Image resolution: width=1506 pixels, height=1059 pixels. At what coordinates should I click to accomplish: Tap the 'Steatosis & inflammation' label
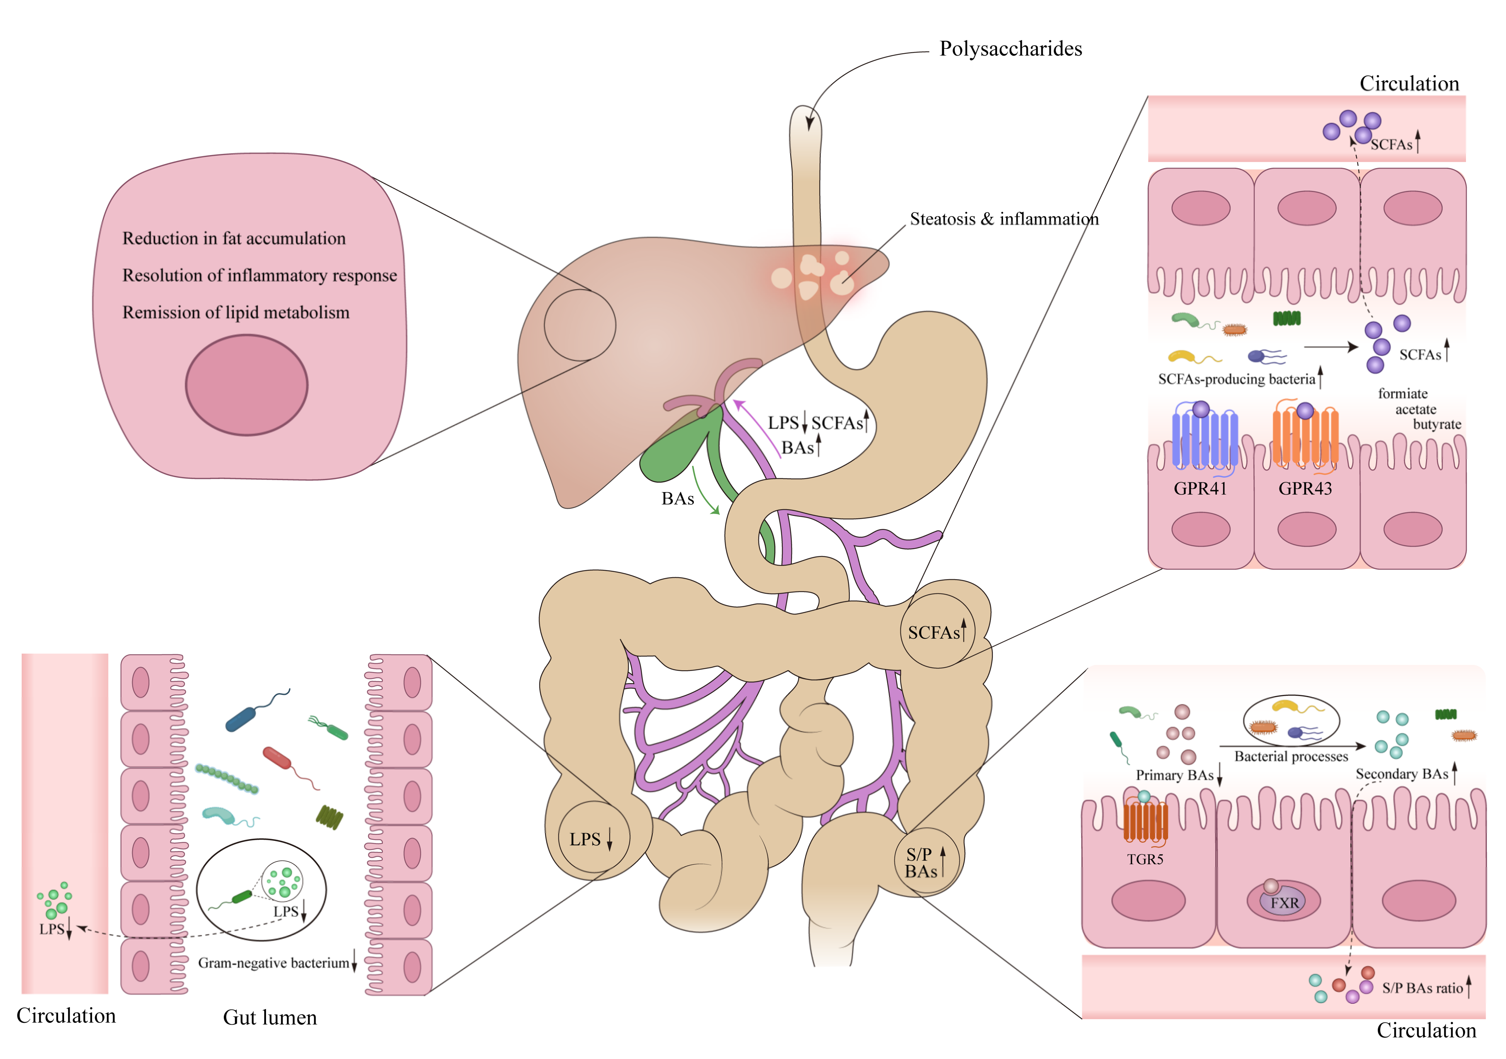[1003, 219]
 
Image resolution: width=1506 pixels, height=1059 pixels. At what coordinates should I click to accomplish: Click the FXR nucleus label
[1284, 903]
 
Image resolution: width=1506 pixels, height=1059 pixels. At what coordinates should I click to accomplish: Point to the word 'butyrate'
[1437, 424]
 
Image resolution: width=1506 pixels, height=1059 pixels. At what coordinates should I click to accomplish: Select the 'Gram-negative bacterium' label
[274, 963]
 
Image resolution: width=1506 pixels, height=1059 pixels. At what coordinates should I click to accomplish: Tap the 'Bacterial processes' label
[1291, 757]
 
